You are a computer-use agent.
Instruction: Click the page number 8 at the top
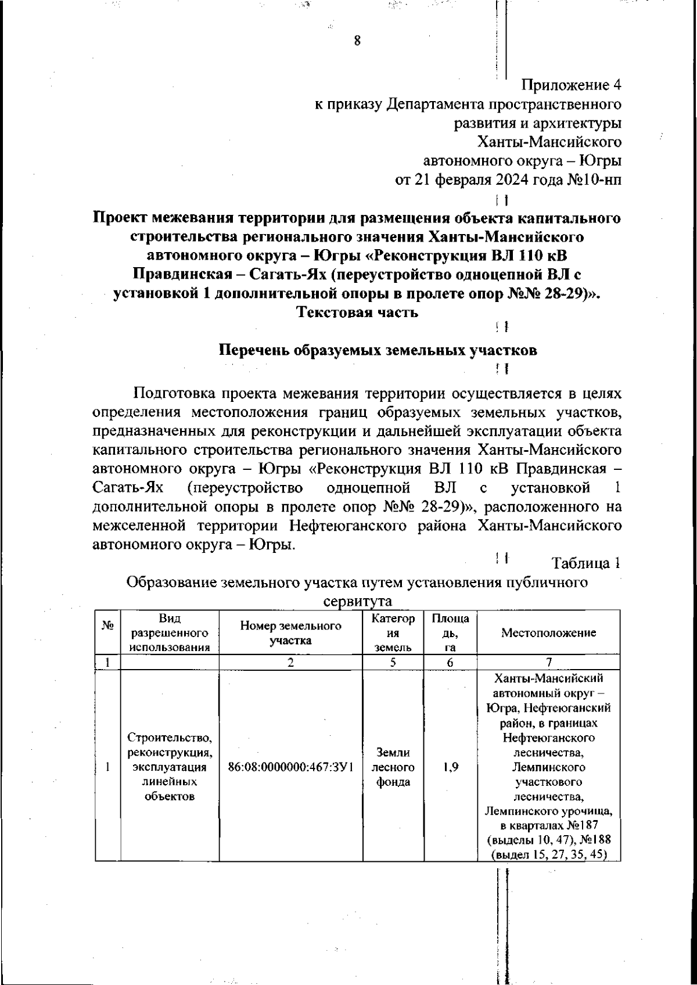pyautogui.click(x=357, y=41)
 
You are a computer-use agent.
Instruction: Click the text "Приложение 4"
pyautogui.click(x=571, y=85)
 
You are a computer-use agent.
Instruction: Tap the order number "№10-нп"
pyautogui.click(x=594, y=179)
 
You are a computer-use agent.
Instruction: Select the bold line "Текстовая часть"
pyautogui.click(x=357, y=312)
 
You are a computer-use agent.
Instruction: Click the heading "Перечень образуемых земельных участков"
pyautogui.click(x=378, y=350)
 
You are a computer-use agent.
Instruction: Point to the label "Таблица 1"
pyautogui.click(x=586, y=563)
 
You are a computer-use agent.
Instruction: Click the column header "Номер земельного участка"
pyautogui.click(x=290, y=633)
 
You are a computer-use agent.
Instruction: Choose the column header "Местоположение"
pyautogui.click(x=548, y=633)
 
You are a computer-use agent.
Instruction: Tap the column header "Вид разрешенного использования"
pyautogui.click(x=170, y=633)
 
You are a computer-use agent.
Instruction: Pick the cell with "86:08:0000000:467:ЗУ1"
pyautogui.click(x=290, y=767)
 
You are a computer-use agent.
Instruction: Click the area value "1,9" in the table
pyautogui.click(x=450, y=767)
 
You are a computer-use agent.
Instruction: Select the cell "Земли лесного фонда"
pyautogui.click(x=393, y=767)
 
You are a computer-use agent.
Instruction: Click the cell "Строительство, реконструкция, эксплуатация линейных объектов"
pyautogui.click(x=170, y=767)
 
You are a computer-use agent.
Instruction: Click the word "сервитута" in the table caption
pyautogui.click(x=357, y=601)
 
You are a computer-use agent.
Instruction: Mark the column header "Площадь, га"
pyautogui.click(x=450, y=633)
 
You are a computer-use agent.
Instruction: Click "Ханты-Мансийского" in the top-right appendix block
pyautogui.click(x=549, y=142)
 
